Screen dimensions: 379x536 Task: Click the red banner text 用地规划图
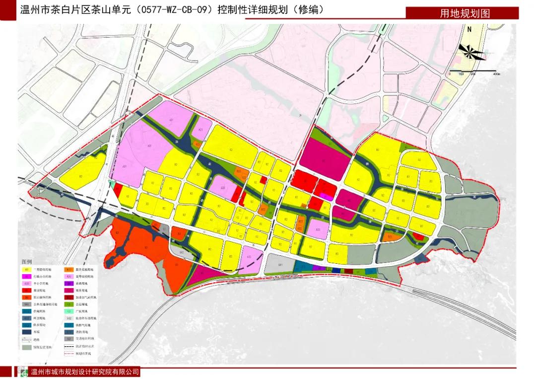coord(465,13)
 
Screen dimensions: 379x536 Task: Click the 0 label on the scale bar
coord(450,74)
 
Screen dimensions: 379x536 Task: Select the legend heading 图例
coord(26,261)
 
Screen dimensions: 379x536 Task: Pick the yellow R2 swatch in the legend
coord(27,269)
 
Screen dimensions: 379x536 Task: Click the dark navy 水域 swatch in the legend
coord(27,332)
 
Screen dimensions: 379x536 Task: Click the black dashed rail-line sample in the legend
coord(70,346)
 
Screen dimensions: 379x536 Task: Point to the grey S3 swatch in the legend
coord(70,339)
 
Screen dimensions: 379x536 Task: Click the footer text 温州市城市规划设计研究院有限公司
coord(85,372)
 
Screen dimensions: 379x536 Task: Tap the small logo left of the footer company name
coord(23,372)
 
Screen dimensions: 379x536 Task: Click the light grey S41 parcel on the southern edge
coord(280,265)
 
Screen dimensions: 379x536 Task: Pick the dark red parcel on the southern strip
coord(348,271)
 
